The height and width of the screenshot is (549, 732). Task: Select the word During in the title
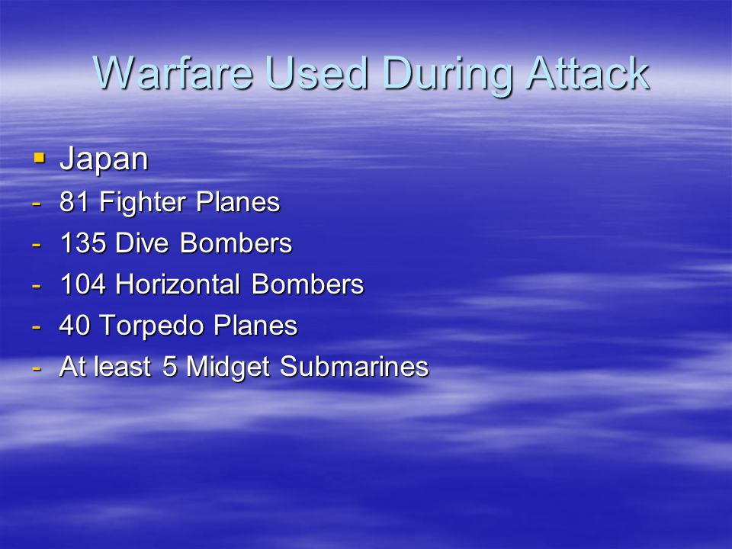[x=448, y=76]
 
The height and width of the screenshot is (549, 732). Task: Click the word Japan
[x=104, y=160]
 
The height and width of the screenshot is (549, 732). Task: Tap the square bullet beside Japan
[x=39, y=158]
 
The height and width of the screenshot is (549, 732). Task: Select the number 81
[x=74, y=202]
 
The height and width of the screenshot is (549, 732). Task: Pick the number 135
[x=83, y=242]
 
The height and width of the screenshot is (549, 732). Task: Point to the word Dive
[x=142, y=242]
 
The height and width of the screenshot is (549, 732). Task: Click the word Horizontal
[x=178, y=284]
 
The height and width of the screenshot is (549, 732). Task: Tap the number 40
[x=75, y=325]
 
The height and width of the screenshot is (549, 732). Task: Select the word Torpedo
[x=152, y=327]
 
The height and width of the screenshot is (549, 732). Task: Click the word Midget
[x=228, y=368]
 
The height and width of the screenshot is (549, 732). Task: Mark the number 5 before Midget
[x=169, y=366]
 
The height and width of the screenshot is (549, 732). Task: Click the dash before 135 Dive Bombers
[x=37, y=244]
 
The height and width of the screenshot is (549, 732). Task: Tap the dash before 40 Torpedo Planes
[x=37, y=326]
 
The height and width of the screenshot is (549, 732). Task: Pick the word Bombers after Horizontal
[x=307, y=284]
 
